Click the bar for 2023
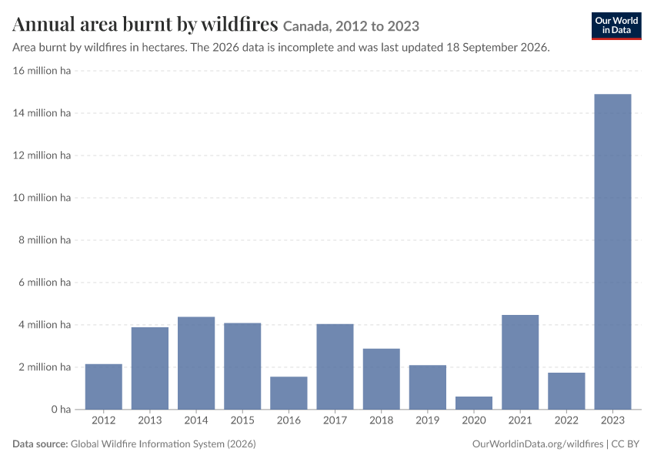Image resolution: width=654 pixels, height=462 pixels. pyautogui.click(x=612, y=252)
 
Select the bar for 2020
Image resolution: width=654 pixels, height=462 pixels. pyautogui.click(x=474, y=403)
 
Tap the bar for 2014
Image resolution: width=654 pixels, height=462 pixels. pyautogui.click(x=196, y=363)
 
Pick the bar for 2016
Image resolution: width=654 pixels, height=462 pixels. pyautogui.click(x=289, y=393)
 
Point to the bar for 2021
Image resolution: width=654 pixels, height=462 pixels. pyautogui.click(x=520, y=362)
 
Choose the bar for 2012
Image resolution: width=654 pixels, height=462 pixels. pyautogui.click(x=104, y=387)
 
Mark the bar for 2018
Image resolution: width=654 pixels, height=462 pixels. pyautogui.click(x=381, y=379)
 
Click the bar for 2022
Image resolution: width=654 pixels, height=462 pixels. pyautogui.click(x=566, y=391)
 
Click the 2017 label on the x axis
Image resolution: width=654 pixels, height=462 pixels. pyautogui.click(x=335, y=420)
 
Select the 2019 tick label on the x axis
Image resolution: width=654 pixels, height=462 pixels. pyautogui.click(x=428, y=420)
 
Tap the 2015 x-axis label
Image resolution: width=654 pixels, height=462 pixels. pyautogui.click(x=242, y=420)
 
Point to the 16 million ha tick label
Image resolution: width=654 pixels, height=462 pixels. pyautogui.click(x=42, y=71)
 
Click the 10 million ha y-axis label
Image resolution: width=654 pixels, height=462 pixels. pyautogui.click(x=42, y=197)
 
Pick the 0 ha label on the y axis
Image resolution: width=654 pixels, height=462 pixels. pyautogui.click(x=61, y=410)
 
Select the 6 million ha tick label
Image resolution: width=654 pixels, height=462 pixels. pyautogui.click(x=45, y=282)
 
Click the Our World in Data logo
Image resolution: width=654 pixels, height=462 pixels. pyautogui.click(x=616, y=26)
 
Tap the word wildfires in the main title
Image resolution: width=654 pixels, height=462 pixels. pyautogui.click(x=239, y=24)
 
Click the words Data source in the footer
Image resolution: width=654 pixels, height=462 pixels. pyautogui.click(x=40, y=444)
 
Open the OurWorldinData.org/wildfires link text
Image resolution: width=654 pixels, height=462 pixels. pyautogui.click(x=538, y=444)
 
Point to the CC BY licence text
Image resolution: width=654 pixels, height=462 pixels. pyautogui.click(x=626, y=444)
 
